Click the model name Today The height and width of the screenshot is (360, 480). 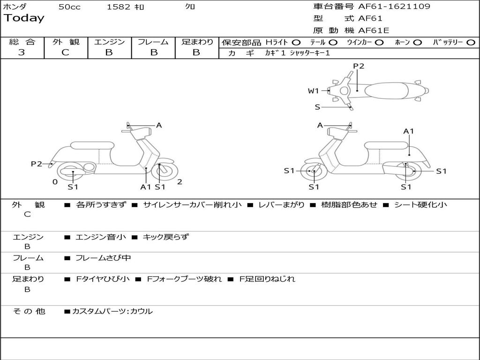coord(24,18)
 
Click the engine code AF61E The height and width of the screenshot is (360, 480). coord(374,30)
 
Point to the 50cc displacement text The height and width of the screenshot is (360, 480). coord(69,7)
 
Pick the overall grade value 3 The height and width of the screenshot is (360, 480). coord(22,52)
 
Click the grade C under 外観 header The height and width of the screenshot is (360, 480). coord(65,52)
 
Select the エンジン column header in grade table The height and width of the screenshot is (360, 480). coord(109,42)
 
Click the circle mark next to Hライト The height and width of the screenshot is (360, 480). coord(296,42)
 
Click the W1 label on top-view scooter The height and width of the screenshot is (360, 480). coord(314,91)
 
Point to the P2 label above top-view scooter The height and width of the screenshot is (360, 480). coord(359,66)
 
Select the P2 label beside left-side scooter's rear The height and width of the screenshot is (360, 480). coord(37,164)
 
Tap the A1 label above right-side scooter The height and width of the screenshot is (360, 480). coord(409,131)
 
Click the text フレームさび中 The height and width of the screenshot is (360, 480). coord(103,258)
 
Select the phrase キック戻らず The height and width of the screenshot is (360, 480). coord(165,237)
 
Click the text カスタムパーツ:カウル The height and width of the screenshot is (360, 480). coord(112,311)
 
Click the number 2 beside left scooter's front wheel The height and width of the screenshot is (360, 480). coord(180,182)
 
